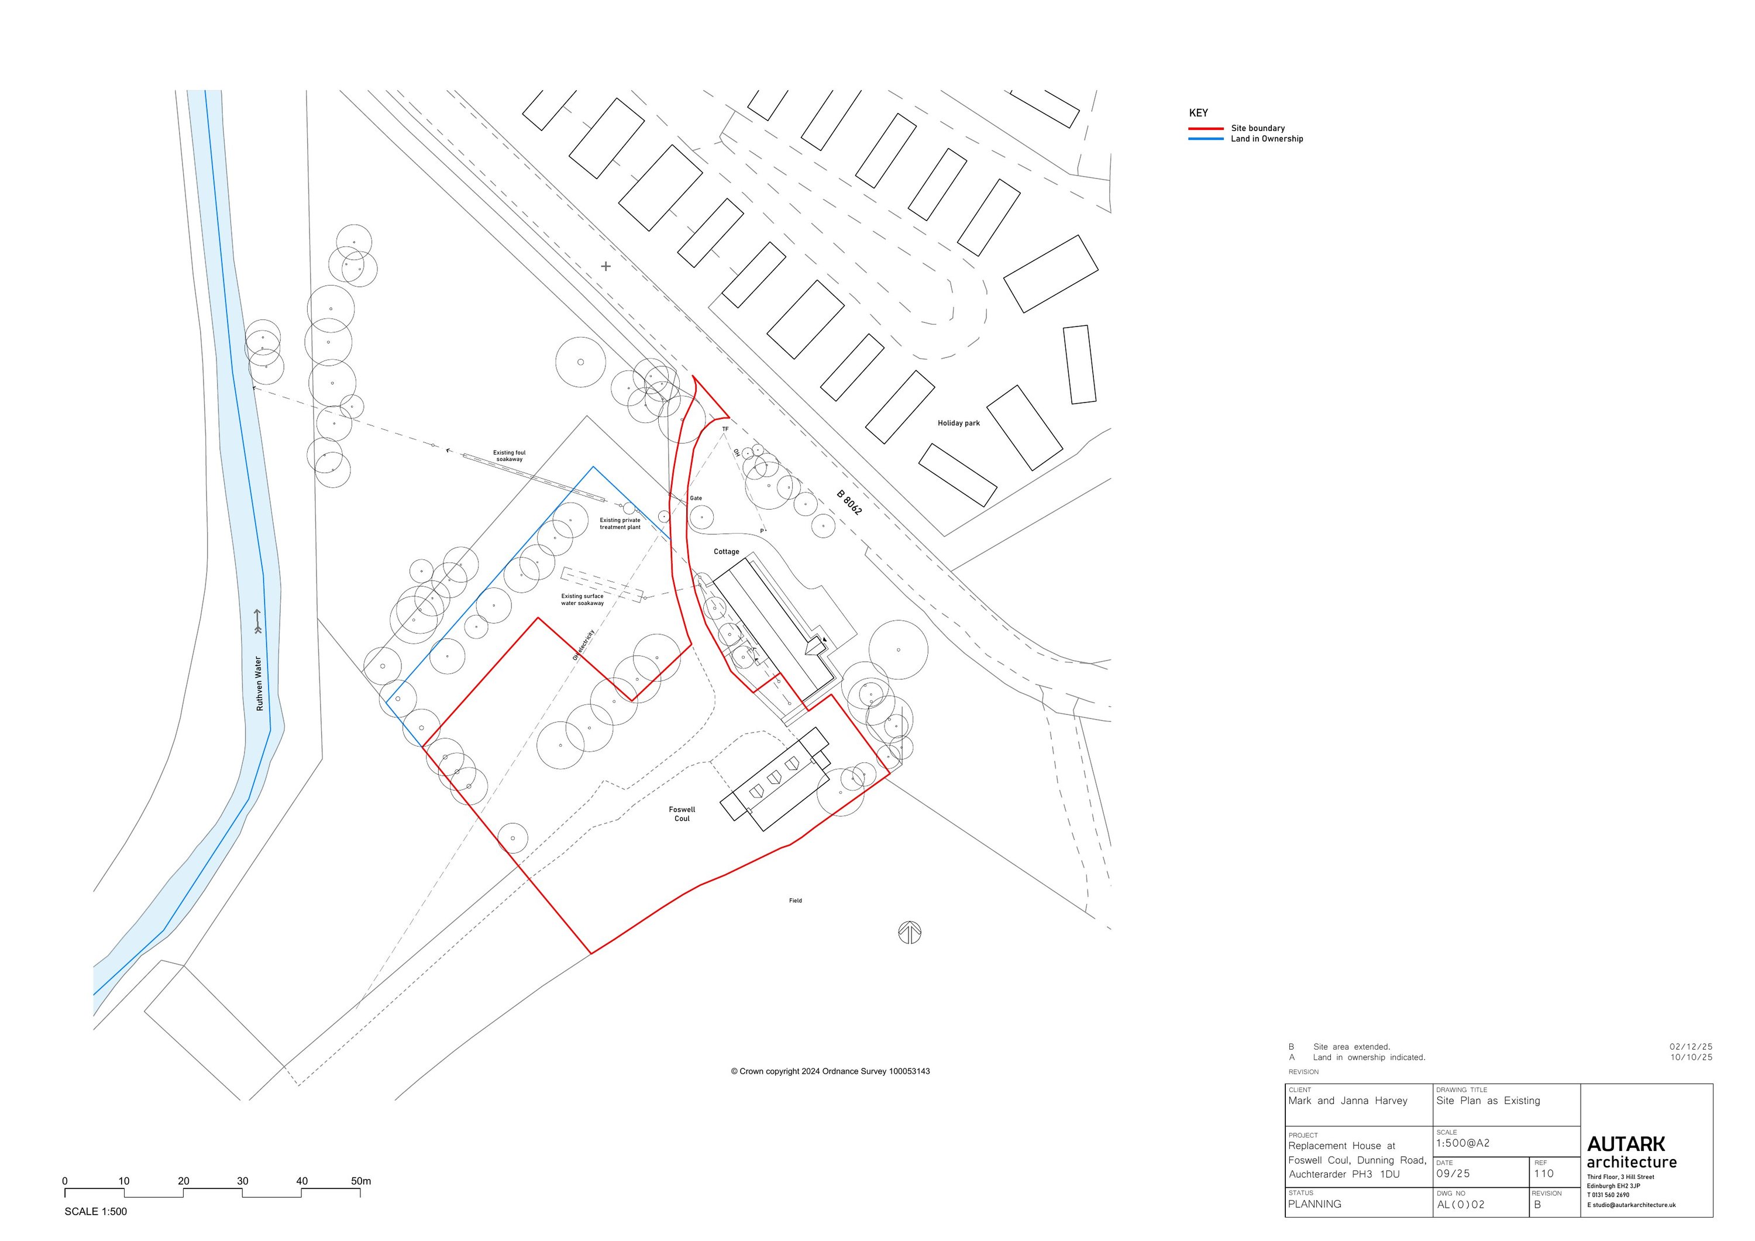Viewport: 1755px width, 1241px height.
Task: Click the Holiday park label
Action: coord(959,423)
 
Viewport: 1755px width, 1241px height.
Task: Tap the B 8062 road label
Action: coord(849,503)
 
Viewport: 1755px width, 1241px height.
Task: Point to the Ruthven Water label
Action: coord(259,683)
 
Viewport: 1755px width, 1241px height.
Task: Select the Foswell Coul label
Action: coord(682,813)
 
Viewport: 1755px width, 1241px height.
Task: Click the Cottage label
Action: coord(726,551)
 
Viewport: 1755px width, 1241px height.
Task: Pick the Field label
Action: coord(796,900)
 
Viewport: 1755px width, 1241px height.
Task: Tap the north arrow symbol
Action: coord(909,932)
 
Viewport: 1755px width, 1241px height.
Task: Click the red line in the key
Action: coord(1206,129)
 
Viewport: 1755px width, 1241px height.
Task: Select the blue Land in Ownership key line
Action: coord(1206,139)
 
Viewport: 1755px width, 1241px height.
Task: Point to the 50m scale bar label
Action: coord(361,1181)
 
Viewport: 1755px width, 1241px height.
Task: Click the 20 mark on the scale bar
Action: coord(184,1181)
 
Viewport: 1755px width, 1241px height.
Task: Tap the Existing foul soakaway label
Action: coord(509,456)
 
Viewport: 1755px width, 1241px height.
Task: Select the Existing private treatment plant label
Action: coord(620,524)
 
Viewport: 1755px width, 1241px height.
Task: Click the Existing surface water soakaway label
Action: coord(583,600)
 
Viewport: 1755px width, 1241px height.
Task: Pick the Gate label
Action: coord(696,499)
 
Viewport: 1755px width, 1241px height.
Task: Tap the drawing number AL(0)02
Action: coord(1461,1204)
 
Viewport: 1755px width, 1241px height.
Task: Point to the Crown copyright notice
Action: coord(830,1071)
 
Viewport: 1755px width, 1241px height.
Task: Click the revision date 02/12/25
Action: coord(1691,1047)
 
